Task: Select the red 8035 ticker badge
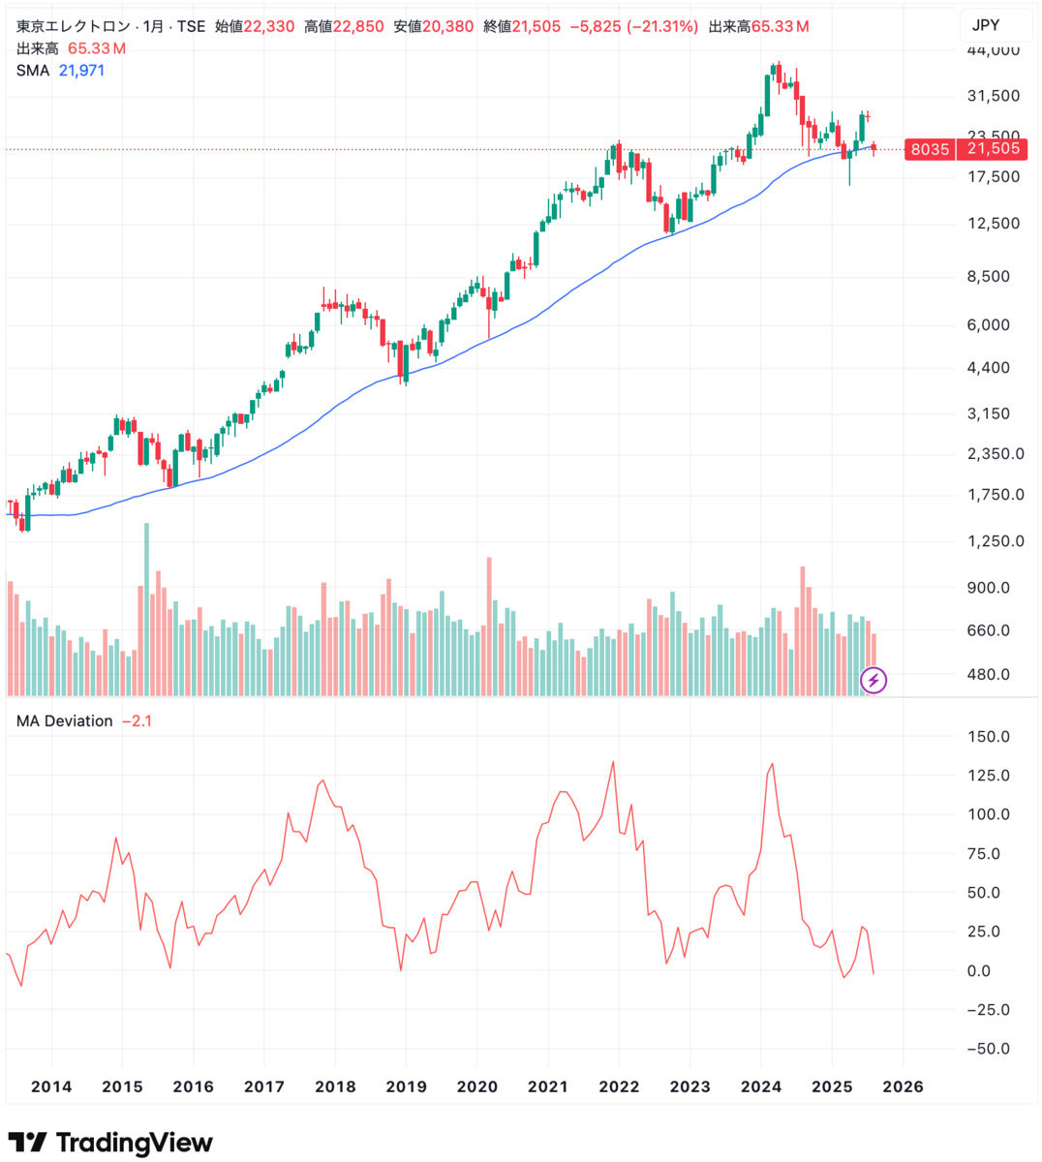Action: click(x=930, y=150)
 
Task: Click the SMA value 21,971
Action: click(x=81, y=71)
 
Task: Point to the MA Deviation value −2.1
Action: click(x=138, y=721)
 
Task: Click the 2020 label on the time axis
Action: click(x=476, y=1086)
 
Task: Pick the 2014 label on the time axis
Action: click(x=51, y=1086)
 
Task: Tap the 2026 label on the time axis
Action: click(x=903, y=1086)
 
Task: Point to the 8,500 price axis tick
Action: click(x=988, y=276)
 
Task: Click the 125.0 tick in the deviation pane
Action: click(x=988, y=776)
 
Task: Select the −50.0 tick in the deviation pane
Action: click(x=988, y=1049)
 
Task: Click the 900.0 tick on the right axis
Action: click(x=988, y=588)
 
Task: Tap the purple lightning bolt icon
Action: click(x=873, y=680)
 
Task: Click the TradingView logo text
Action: click(x=135, y=1143)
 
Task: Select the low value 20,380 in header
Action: click(x=447, y=26)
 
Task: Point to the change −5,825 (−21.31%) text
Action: click(x=634, y=26)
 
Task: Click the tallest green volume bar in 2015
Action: click(x=146, y=609)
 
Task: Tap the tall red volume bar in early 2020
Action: click(x=489, y=627)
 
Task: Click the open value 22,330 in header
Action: click(x=268, y=26)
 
